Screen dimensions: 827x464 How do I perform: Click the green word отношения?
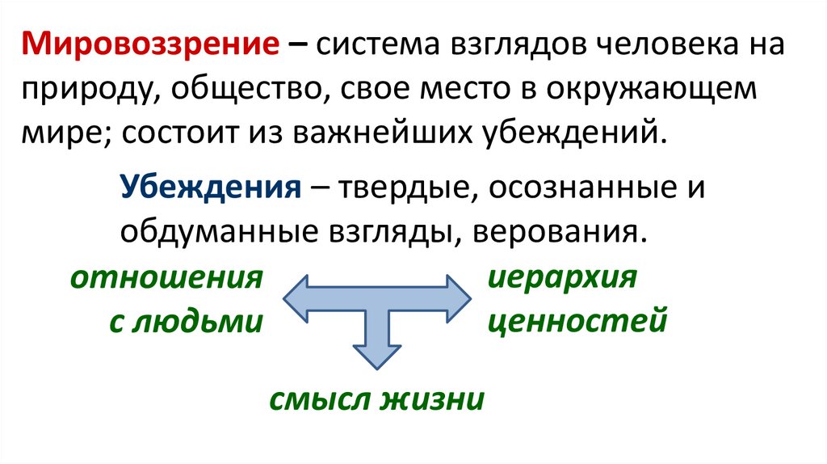click(x=167, y=280)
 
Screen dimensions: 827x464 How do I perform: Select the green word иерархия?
click(x=563, y=279)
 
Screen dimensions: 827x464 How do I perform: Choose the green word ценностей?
click(x=577, y=322)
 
